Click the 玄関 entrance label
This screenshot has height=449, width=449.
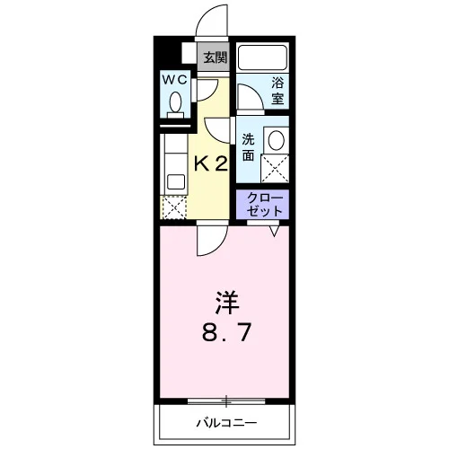pyautogui.click(x=216, y=57)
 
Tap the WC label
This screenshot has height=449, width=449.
pyautogui.click(x=175, y=80)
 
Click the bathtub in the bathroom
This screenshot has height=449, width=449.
pyautogui.click(x=262, y=57)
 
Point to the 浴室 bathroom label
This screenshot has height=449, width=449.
pyautogui.click(x=277, y=91)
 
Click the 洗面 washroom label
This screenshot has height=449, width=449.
pyautogui.click(x=248, y=147)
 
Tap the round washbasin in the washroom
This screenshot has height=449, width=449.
pyautogui.click(x=277, y=140)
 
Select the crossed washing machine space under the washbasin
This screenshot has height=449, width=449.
pyautogui.click(x=275, y=168)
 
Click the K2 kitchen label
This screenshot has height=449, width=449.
pyautogui.click(x=211, y=164)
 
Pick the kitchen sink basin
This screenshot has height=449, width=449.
pyautogui.click(x=176, y=181)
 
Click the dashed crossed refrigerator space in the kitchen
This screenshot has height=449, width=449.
pyautogui.click(x=174, y=207)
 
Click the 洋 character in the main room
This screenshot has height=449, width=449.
pyautogui.click(x=226, y=303)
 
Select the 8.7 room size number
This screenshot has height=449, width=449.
pyautogui.click(x=226, y=333)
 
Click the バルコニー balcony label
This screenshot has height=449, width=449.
pyautogui.click(x=226, y=423)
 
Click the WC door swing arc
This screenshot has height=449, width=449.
pyautogui.click(x=211, y=93)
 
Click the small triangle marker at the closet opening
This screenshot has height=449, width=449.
pyautogui.click(x=275, y=231)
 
